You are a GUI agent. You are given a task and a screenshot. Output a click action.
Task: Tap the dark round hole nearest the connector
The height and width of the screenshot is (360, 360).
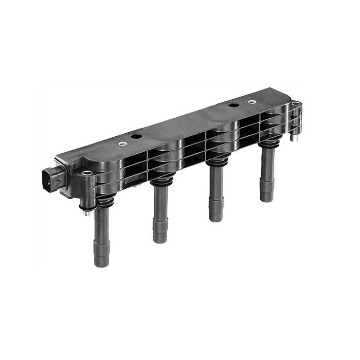coord(137,137)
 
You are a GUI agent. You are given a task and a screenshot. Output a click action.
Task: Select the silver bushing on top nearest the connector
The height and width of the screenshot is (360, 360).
coord(124,145)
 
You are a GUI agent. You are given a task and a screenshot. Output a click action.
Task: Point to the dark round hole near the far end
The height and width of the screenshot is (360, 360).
coord(233,106)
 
